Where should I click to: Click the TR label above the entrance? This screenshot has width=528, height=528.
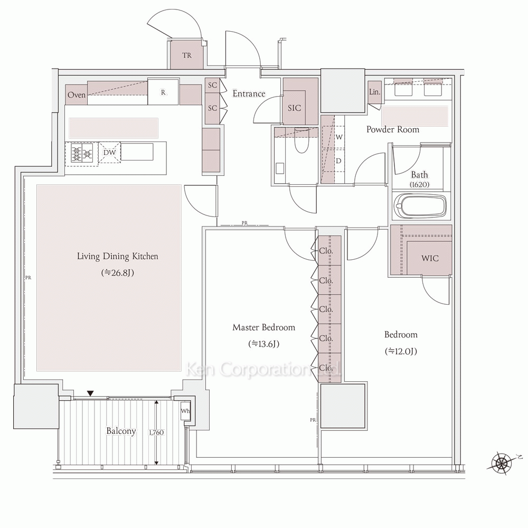click(187, 55)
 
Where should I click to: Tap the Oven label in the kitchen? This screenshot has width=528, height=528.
click(77, 95)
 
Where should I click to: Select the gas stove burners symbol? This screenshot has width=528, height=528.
click(82, 155)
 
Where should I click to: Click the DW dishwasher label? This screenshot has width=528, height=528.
click(109, 153)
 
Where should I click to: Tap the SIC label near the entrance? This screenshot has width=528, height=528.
click(294, 108)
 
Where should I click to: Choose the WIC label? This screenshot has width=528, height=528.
click(430, 258)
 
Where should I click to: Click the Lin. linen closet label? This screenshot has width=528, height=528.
click(374, 91)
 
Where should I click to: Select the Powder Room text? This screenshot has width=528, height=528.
click(393, 130)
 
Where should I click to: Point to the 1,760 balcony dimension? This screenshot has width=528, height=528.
click(156, 432)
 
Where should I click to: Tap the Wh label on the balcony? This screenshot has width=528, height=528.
click(185, 411)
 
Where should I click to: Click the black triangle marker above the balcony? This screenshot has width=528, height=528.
click(90, 393)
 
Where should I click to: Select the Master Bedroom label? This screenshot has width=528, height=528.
click(263, 327)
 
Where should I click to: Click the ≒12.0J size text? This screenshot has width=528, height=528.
click(401, 351)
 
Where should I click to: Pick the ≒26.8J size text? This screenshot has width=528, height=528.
click(118, 273)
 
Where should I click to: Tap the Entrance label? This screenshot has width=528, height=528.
click(249, 93)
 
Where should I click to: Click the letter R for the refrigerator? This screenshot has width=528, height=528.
click(163, 92)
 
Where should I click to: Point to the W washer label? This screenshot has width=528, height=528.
click(339, 137)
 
